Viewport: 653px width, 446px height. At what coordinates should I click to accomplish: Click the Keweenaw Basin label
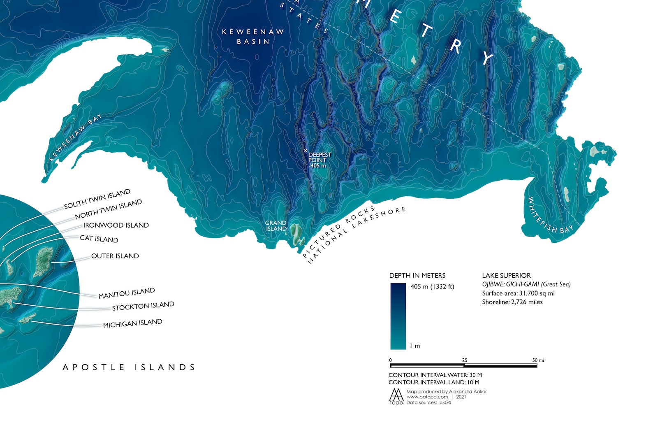click(253, 36)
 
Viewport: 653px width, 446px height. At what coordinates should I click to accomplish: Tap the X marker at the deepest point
click(306, 151)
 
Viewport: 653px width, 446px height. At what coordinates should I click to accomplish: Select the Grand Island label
click(276, 226)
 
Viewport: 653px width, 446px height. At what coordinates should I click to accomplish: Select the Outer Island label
click(115, 256)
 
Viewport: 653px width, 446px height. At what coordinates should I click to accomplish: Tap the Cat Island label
click(99, 239)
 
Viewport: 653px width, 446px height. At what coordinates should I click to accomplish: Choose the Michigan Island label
click(132, 323)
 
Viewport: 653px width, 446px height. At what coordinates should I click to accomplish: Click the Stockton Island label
click(143, 306)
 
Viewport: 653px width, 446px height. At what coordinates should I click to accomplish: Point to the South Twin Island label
click(97, 199)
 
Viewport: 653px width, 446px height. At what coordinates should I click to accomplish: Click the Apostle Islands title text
click(129, 367)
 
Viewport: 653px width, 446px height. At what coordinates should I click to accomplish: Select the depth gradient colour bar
click(398, 316)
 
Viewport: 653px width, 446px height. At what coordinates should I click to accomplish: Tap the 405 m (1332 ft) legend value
click(432, 286)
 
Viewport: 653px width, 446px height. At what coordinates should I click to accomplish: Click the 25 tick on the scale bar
click(464, 360)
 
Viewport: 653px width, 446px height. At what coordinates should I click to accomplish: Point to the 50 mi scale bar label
click(538, 360)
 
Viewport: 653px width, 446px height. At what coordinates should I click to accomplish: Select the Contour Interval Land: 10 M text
click(434, 382)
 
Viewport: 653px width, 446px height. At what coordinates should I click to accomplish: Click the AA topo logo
click(396, 397)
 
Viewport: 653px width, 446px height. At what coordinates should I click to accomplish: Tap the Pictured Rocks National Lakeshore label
click(353, 235)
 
